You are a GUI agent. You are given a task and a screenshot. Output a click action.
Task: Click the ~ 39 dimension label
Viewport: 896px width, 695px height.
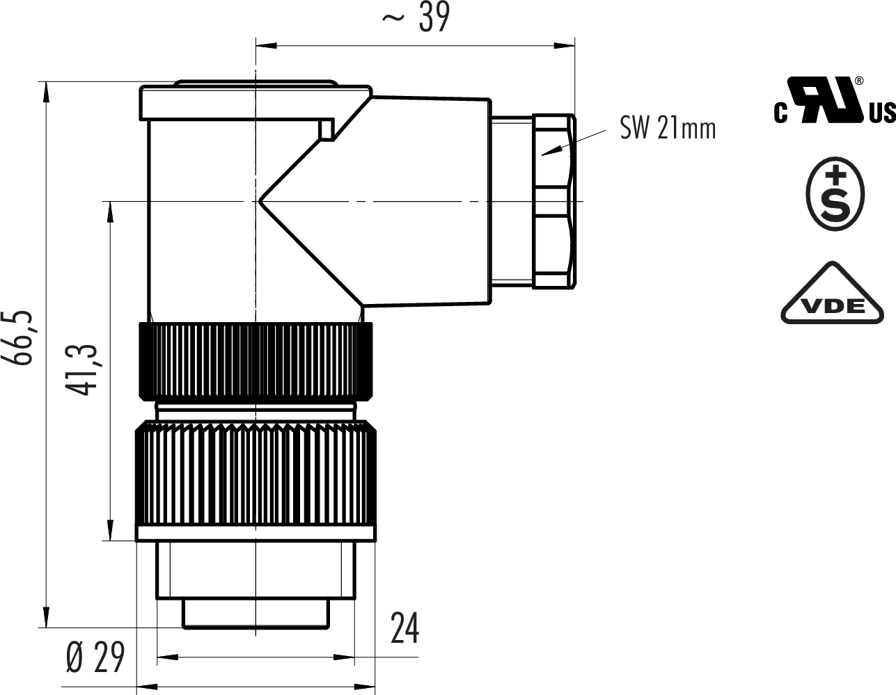416,17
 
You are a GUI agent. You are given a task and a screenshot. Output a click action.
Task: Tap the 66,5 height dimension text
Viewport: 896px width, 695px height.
17,338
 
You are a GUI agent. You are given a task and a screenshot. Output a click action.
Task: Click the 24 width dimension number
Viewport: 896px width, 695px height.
404,628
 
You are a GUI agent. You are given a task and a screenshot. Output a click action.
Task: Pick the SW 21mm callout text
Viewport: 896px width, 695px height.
668,129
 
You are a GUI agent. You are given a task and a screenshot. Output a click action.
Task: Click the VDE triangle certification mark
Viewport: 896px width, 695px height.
832,293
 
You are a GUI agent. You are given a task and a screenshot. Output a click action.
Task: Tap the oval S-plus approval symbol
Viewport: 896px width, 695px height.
835,193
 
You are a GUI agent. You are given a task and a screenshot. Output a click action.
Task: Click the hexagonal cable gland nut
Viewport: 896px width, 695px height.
554,201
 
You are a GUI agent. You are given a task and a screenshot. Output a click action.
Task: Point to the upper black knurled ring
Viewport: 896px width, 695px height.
256,361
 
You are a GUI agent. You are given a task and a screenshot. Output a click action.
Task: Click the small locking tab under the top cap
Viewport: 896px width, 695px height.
327,129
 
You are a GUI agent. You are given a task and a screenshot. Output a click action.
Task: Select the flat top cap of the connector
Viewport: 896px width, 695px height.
256,102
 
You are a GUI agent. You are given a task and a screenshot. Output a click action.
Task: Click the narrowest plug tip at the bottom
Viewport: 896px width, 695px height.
256,614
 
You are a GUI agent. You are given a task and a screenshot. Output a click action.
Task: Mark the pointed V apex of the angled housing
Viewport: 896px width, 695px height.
258,201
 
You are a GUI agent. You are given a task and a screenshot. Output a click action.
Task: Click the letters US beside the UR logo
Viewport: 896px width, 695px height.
882,113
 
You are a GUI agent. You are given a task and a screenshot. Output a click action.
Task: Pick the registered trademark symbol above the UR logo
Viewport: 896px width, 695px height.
859,81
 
